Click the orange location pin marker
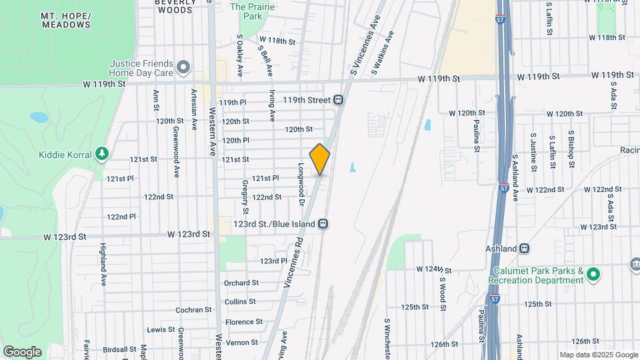point(320,159)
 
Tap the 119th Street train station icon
point(339,100)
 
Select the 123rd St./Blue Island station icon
point(323,224)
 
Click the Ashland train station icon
point(525,249)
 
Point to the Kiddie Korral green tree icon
point(101,155)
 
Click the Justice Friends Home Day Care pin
point(183,67)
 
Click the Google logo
point(22,351)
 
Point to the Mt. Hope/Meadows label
point(65,20)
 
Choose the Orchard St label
point(241,283)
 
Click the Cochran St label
point(193,310)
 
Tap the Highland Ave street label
point(103,263)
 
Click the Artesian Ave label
point(194,109)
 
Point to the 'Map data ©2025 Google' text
point(598,355)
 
